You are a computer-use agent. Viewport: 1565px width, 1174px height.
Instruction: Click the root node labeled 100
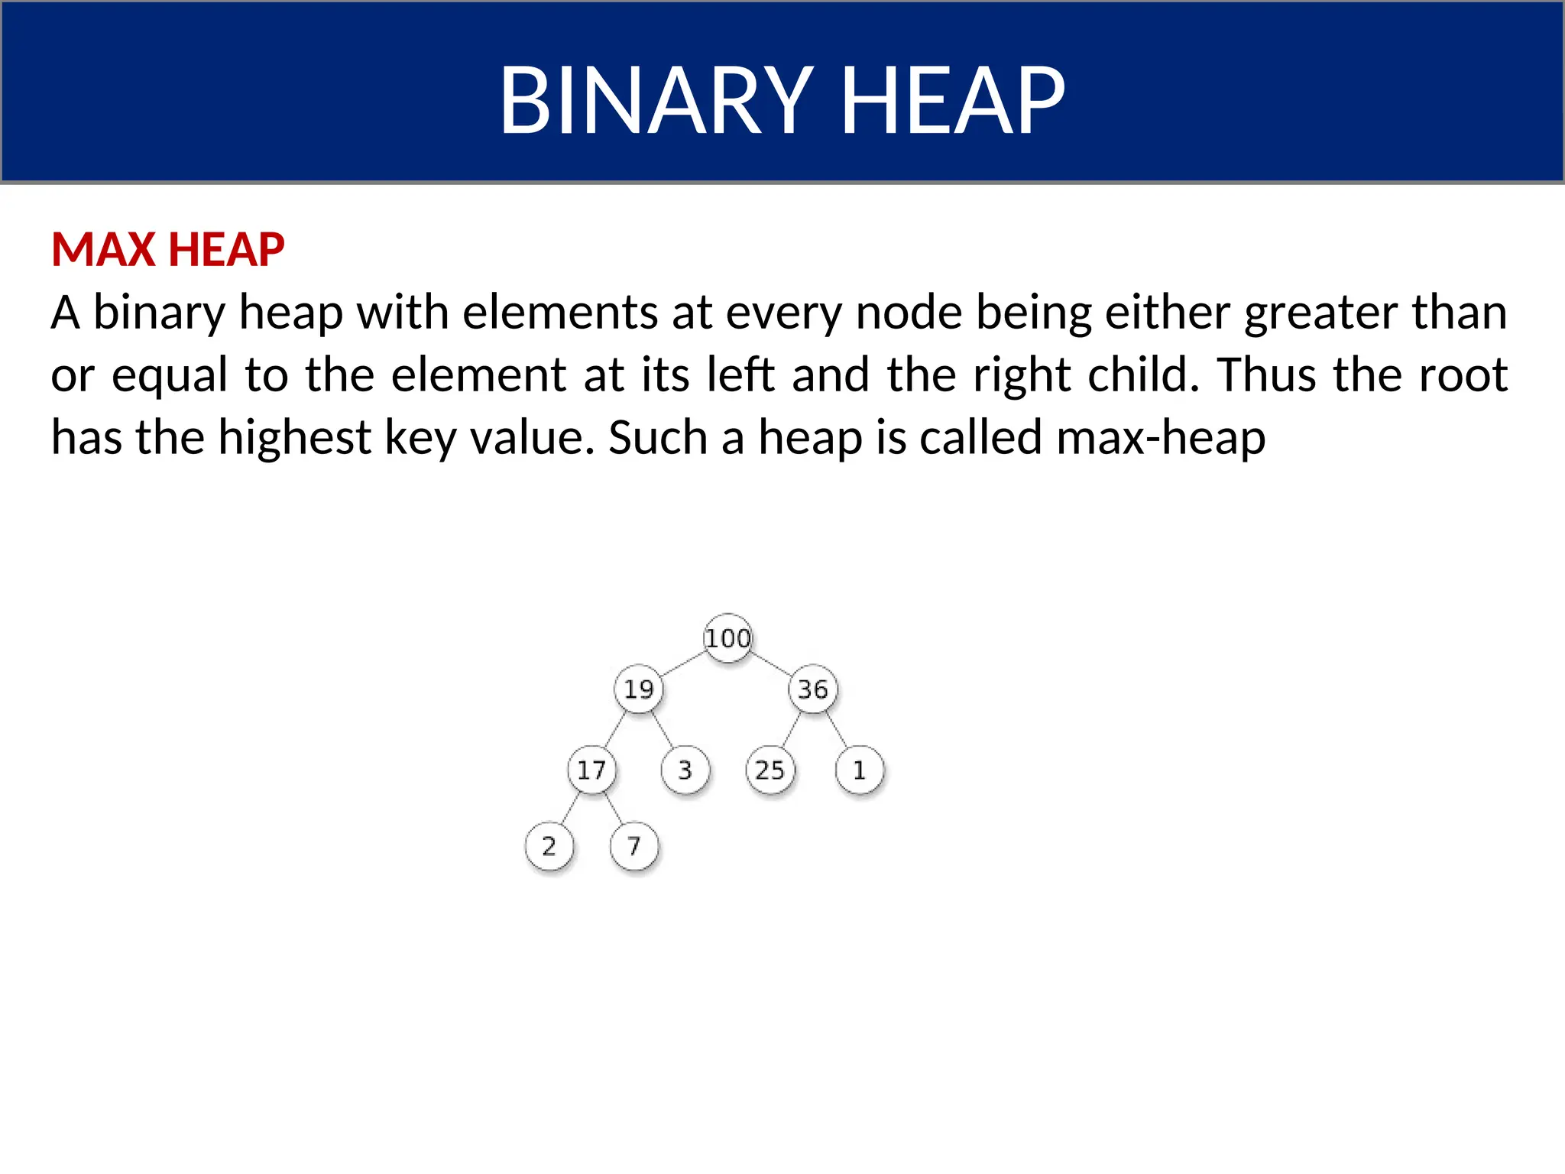(x=727, y=637)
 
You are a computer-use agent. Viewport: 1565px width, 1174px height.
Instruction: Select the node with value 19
(x=639, y=689)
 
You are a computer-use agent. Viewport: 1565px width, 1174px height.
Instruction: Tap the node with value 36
(x=813, y=689)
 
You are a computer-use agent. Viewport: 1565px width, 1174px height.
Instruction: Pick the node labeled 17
(x=591, y=770)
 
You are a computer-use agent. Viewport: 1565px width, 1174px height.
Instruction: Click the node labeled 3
(x=685, y=770)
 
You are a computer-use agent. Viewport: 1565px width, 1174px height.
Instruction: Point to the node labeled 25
(x=770, y=770)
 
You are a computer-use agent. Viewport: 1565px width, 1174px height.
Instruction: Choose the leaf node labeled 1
(x=860, y=770)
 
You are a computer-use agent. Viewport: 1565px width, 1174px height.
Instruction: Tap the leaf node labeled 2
(x=549, y=846)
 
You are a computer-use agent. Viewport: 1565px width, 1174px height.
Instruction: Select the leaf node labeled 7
(x=633, y=846)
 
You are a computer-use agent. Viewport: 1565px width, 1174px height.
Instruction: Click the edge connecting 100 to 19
(x=683, y=663)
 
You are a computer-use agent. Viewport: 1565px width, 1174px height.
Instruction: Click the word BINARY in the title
(x=656, y=100)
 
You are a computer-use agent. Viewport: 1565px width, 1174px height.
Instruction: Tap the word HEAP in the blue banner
(x=952, y=100)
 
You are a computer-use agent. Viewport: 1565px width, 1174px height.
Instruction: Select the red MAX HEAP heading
(x=167, y=249)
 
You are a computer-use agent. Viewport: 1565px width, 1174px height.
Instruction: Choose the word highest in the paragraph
(x=294, y=438)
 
